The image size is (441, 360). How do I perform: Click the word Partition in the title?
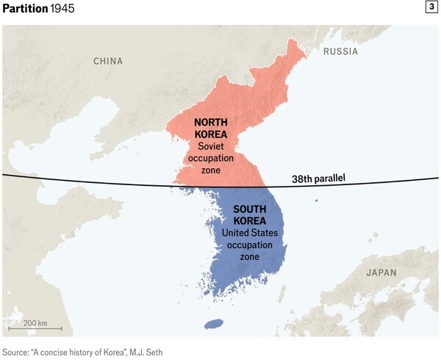click(x=24, y=8)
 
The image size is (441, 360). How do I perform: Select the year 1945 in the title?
click(x=62, y=8)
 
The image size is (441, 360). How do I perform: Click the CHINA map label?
click(x=108, y=61)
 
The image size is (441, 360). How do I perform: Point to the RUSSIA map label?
click(x=341, y=51)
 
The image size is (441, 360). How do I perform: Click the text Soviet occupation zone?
click(x=210, y=158)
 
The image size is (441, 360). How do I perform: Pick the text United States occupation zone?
click(x=250, y=244)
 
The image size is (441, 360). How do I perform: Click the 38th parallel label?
click(x=319, y=179)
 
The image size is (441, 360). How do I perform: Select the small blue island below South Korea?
click(x=213, y=324)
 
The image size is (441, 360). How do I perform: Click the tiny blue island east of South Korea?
click(x=317, y=201)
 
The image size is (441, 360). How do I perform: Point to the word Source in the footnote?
click(x=17, y=351)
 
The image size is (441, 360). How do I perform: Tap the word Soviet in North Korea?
click(x=210, y=146)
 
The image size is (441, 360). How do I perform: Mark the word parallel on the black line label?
click(x=330, y=179)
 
